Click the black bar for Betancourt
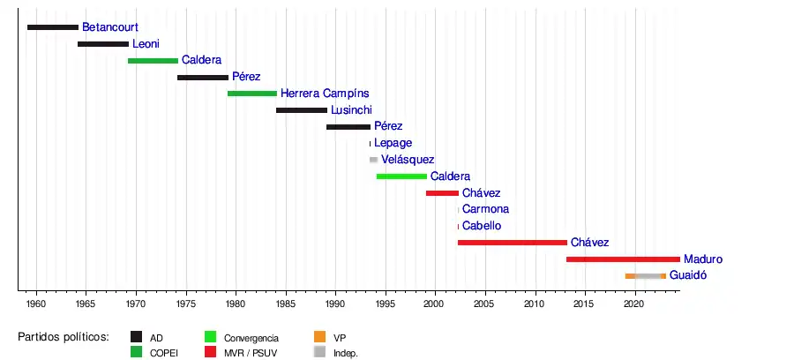53,27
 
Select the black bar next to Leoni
103,44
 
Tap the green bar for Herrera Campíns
252,94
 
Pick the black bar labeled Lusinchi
302,110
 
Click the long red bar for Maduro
623,259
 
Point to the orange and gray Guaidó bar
646,276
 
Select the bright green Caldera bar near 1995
401,176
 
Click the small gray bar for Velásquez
373,160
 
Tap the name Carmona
485,209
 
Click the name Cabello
482,226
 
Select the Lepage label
393,143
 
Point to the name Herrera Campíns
325,94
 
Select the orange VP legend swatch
320,337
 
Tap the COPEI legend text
164,353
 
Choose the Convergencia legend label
251,338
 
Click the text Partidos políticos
64,337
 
